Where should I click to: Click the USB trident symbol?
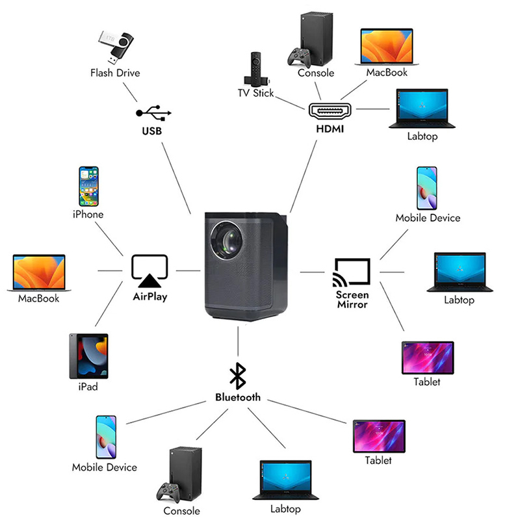pos(153,113)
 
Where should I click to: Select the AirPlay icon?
pos(149,270)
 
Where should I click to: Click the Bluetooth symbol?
pos(238,376)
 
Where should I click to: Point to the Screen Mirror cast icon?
pos(352,272)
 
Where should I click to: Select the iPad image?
pos(88,356)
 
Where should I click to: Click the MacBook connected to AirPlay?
pos(39,272)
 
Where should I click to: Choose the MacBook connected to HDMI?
pos(386,46)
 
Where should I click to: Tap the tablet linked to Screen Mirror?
pos(427,357)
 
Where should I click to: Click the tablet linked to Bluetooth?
pos(378,435)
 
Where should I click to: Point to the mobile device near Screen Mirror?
pos(427,187)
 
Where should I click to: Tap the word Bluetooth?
pos(238,397)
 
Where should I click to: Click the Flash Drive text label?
pos(115,73)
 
